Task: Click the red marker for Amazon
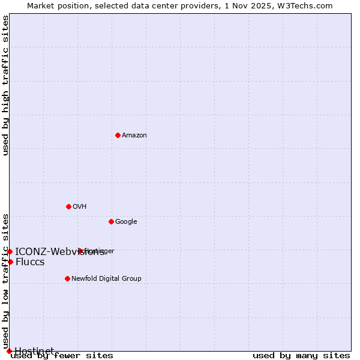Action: click(x=118, y=135)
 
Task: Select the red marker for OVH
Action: click(x=68, y=206)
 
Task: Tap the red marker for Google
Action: click(x=111, y=221)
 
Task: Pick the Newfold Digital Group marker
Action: click(x=67, y=278)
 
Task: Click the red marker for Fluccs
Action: click(x=10, y=262)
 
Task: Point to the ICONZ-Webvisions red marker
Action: click(x=10, y=251)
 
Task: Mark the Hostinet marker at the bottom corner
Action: click(x=9, y=351)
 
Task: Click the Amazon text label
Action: click(x=134, y=136)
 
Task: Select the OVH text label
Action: click(x=80, y=207)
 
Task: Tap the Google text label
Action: click(x=126, y=222)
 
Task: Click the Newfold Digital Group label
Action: click(x=106, y=279)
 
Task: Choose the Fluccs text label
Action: click(x=30, y=262)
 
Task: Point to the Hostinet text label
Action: click(x=34, y=350)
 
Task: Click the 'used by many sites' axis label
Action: click(x=301, y=356)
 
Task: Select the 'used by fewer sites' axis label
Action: click(x=62, y=356)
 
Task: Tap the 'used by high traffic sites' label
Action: click(x=6, y=86)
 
